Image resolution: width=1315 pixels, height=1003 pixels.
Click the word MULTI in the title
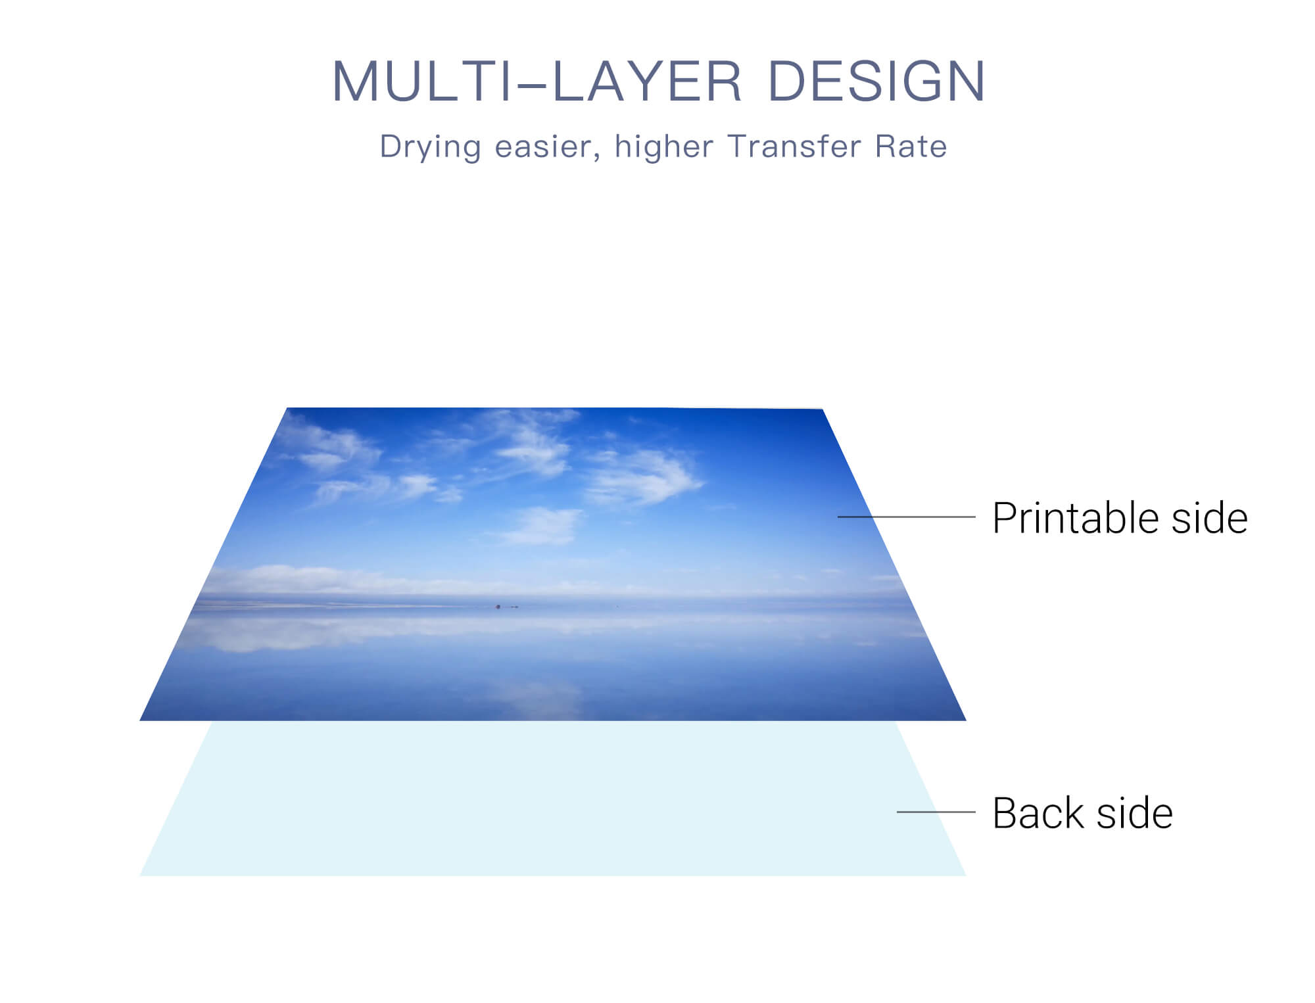pyautogui.click(x=422, y=82)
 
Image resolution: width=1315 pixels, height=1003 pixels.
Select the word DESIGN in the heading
pyautogui.click(x=877, y=82)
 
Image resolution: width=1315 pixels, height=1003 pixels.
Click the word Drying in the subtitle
pyautogui.click(x=431, y=147)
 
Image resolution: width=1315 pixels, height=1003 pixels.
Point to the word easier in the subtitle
pyautogui.click(x=547, y=147)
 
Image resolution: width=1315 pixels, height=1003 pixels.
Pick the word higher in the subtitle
pyautogui.click(x=664, y=147)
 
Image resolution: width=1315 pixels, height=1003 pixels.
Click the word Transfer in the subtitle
pyautogui.click(x=793, y=146)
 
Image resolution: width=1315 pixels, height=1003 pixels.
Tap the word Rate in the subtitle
pyautogui.click(x=911, y=146)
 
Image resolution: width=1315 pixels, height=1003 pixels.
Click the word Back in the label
pyautogui.click(x=1038, y=814)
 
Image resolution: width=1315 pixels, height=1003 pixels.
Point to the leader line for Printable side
pyautogui.click(x=907, y=517)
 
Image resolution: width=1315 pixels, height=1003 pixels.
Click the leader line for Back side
pyautogui.click(x=936, y=812)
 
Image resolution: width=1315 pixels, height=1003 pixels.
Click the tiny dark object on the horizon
pyautogui.click(x=498, y=606)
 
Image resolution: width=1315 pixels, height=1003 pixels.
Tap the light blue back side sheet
pyautogui.click(x=552, y=799)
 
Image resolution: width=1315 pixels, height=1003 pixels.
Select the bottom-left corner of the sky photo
pyautogui.click(x=140, y=720)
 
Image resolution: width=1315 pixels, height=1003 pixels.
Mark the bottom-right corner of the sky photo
pyautogui.click(x=966, y=720)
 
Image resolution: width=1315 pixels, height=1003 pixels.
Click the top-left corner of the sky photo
pyautogui.click(x=287, y=408)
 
